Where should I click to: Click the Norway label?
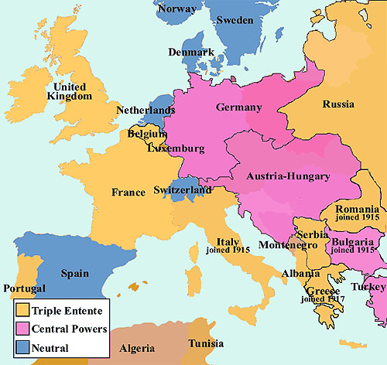(176, 11)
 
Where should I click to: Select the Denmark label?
(192, 53)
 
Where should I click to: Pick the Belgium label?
(149, 133)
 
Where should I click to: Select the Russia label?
(338, 104)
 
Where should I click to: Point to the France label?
(128, 192)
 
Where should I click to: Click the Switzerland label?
(183, 189)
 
